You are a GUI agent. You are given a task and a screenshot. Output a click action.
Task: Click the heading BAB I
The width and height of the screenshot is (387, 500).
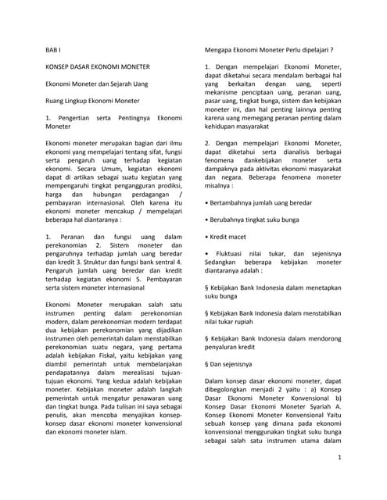tap(54, 48)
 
